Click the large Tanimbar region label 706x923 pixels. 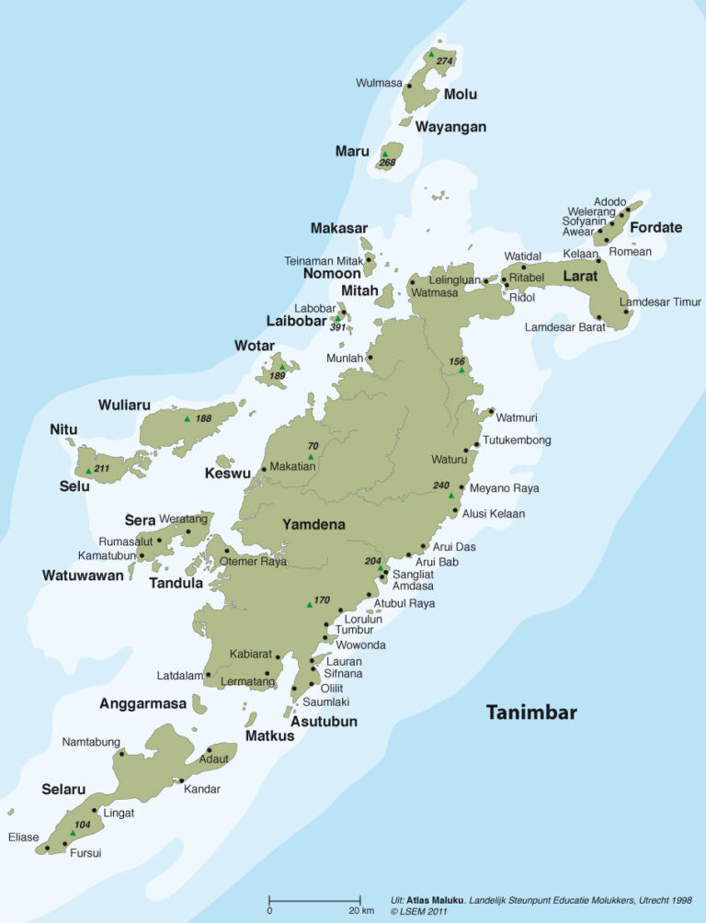point(531,712)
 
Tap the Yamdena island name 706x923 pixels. point(313,525)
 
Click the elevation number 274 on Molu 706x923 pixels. point(445,62)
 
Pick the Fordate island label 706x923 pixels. point(655,227)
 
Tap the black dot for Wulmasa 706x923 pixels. point(409,85)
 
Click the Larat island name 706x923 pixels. point(579,276)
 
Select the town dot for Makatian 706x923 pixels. point(264,469)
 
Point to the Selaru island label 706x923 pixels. point(63,789)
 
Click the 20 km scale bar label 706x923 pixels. point(361,910)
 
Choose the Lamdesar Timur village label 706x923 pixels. point(660,302)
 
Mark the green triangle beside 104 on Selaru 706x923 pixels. point(73,833)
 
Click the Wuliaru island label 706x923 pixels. point(124,405)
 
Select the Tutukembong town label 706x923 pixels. point(517,440)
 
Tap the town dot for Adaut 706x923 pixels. point(209,750)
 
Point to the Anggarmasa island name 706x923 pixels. point(142,703)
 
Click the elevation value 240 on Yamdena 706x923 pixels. point(441,485)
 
